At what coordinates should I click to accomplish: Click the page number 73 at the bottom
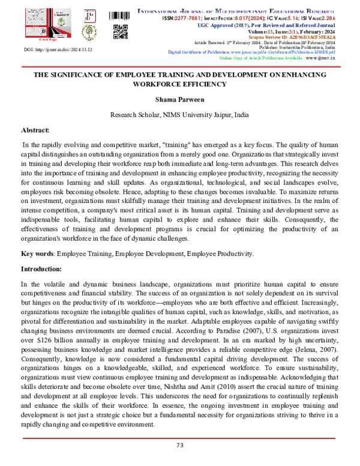tap(179, 445)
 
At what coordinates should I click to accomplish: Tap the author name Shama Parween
tap(179, 100)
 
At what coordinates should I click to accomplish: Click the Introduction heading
tap(43, 270)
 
